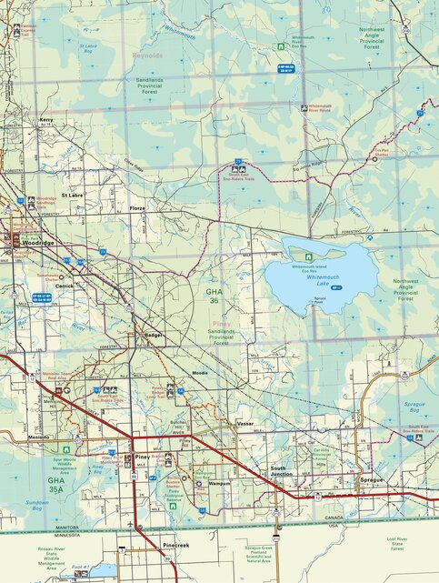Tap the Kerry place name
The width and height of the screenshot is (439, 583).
point(46,120)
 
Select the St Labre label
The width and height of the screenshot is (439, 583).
point(72,196)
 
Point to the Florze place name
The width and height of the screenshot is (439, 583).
point(137,208)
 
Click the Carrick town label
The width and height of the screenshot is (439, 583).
point(65,285)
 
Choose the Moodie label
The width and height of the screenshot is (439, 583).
point(200,373)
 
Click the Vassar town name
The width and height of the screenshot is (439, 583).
point(245,424)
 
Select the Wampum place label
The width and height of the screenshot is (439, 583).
point(220,484)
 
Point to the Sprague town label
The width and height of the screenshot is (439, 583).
point(372,478)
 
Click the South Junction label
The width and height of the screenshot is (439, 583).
point(281,471)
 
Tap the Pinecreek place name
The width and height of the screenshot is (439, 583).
point(176,546)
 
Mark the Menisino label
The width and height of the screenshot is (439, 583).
point(38,437)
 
